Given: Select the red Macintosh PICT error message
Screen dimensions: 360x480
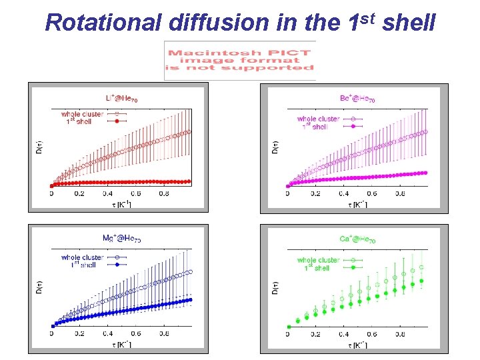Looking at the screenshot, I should tap(240, 60).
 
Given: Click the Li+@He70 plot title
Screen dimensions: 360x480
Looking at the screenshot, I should tap(122, 99).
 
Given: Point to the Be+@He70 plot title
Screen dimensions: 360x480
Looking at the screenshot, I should tap(357, 99).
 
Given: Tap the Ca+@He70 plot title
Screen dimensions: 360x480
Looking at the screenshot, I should tap(357, 239).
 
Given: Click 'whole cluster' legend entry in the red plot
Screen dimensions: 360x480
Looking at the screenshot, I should tap(82, 114).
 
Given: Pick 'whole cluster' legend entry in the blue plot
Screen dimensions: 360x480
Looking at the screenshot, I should tap(82, 257).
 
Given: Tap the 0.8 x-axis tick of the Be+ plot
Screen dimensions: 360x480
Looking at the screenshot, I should tap(400, 194).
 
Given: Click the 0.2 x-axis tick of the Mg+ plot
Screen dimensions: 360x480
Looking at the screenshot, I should tap(79, 334).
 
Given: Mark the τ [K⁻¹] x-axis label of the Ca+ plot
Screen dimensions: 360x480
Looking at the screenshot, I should tap(357, 345).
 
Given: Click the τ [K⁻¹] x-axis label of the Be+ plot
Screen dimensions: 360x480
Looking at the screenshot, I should tap(357, 203).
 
